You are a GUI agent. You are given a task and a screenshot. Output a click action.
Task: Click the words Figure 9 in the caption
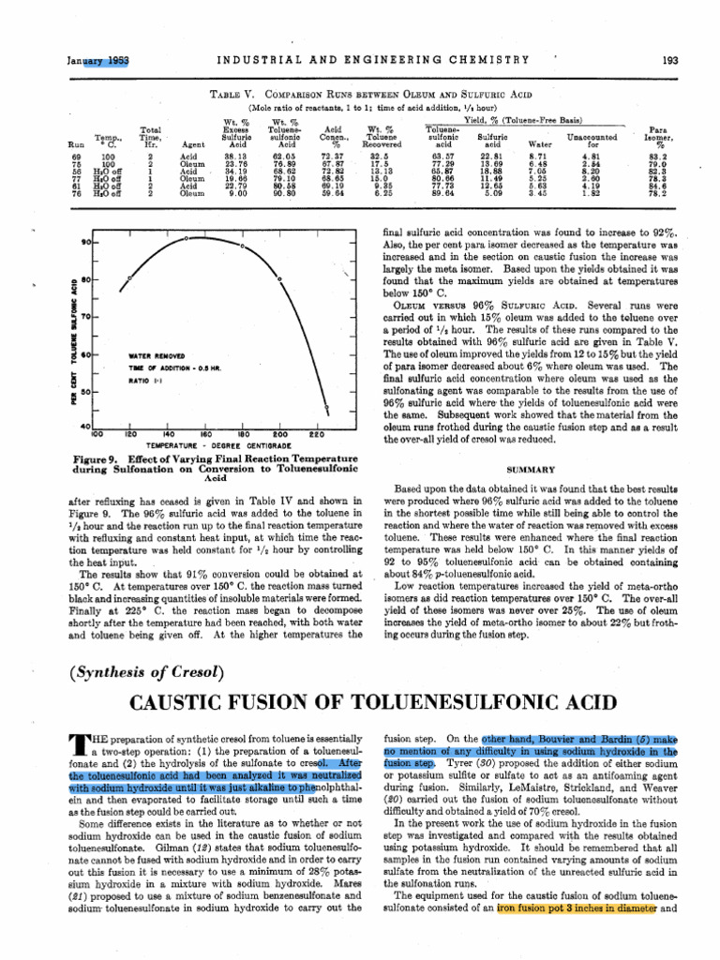tap(95, 459)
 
